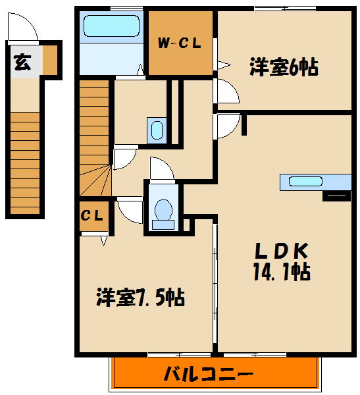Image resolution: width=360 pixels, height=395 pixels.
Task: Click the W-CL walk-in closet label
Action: point(179,44)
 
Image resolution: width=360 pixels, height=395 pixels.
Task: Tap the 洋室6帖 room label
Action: point(284,66)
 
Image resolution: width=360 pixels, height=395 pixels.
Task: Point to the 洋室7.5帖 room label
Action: point(140,298)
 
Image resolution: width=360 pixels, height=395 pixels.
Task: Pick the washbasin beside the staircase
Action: point(156,129)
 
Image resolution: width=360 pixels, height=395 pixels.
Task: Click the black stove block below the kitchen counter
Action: point(336,195)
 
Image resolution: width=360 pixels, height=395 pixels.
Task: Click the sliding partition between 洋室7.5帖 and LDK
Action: point(214,283)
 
